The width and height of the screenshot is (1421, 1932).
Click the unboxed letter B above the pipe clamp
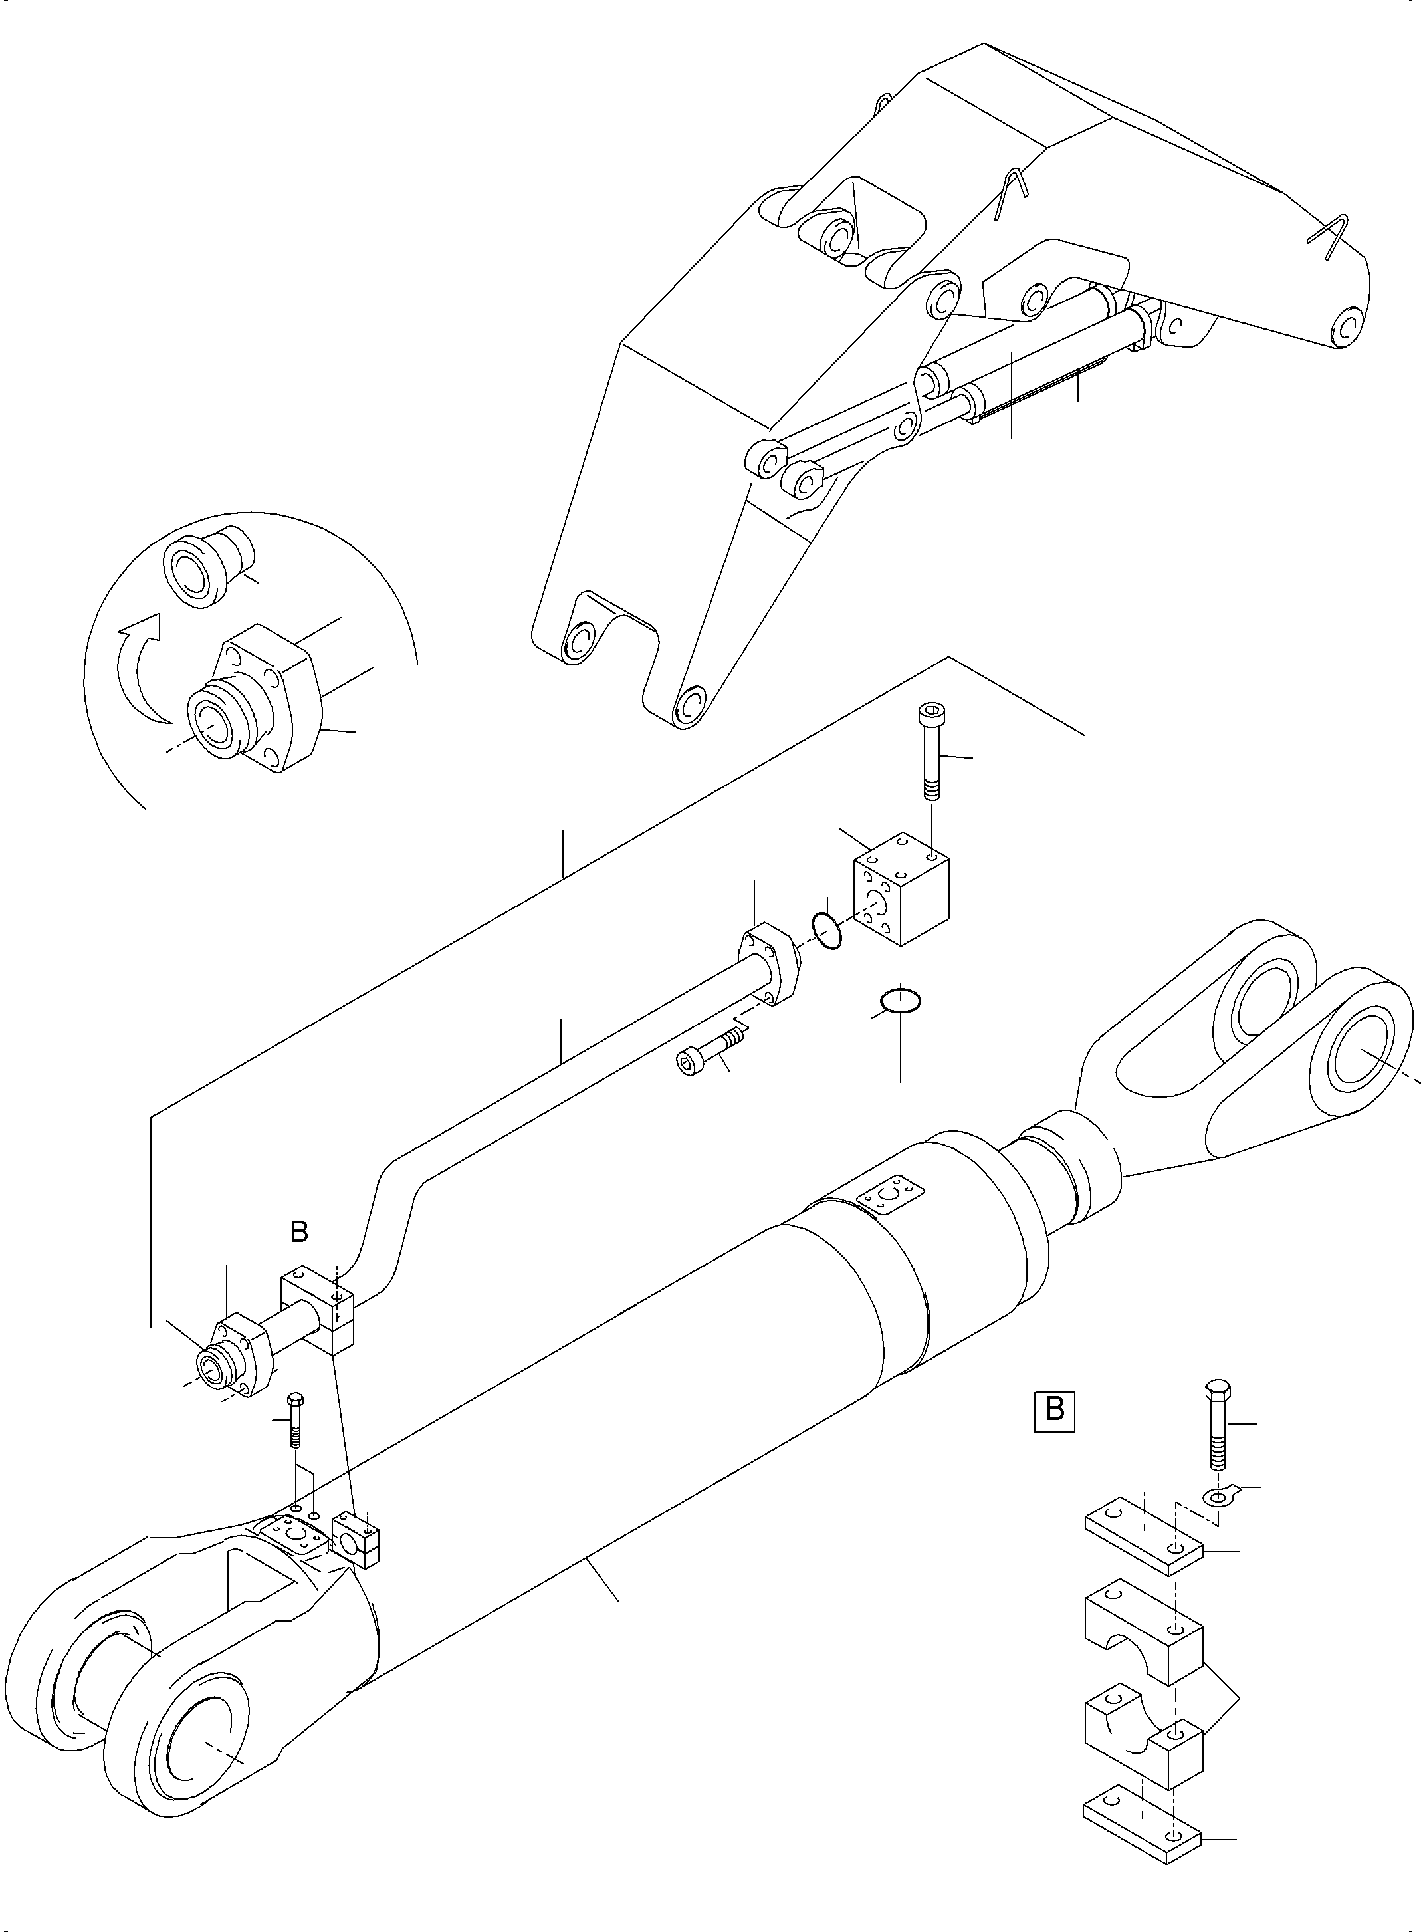[x=298, y=1232]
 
